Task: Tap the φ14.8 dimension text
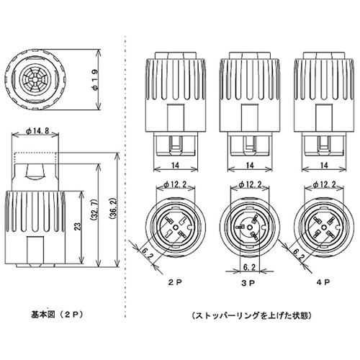pos(37,131)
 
